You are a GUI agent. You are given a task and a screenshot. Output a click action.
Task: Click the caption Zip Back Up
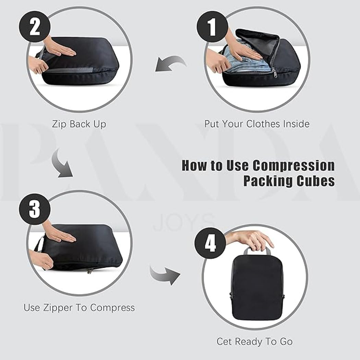tap(79, 124)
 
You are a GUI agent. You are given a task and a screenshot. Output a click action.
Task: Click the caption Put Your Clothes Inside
tap(257, 124)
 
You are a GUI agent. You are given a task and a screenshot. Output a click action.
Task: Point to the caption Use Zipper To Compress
tap(79, 307)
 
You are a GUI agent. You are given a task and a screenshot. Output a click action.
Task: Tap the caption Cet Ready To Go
tap(254, 341)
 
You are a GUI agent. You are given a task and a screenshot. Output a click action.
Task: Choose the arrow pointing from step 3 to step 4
tap(165, 273)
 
